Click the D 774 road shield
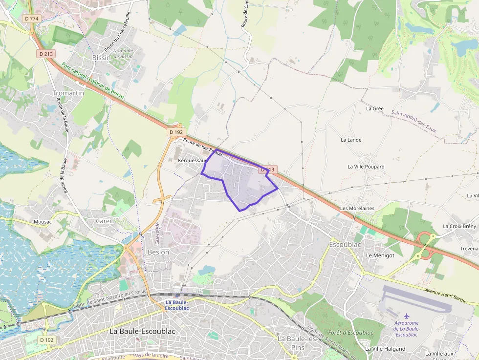point(30,19)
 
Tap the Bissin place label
point(101,58)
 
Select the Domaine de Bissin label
point(123,53)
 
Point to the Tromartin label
point(68,93)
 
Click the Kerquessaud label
point(193,160)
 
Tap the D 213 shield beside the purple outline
point(267,169)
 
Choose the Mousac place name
point(43,222)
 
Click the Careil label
point(104,221)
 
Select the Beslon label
point(158,252)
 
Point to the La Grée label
point(375,108)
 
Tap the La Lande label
point(351,140)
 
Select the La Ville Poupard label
point(366,167)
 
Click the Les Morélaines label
point(357,208)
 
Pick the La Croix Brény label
point(459,226)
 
